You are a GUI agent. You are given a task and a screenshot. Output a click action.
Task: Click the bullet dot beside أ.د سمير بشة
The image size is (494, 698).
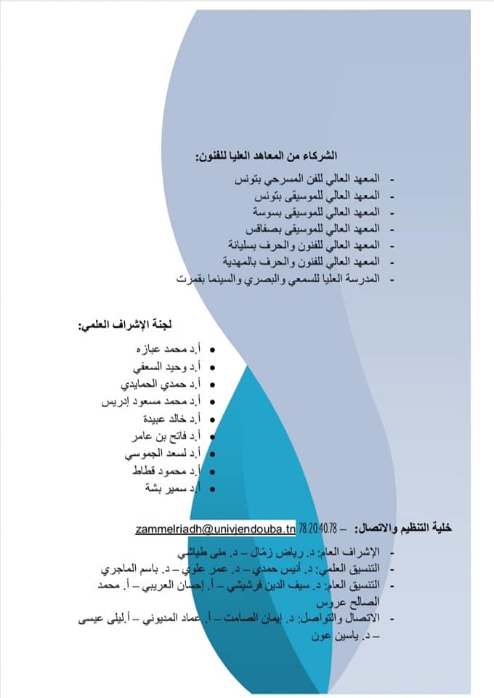click(x=211, y=489)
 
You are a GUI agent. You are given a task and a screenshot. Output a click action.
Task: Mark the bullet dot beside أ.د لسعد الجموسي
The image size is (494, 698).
click(x=211, y=454)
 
